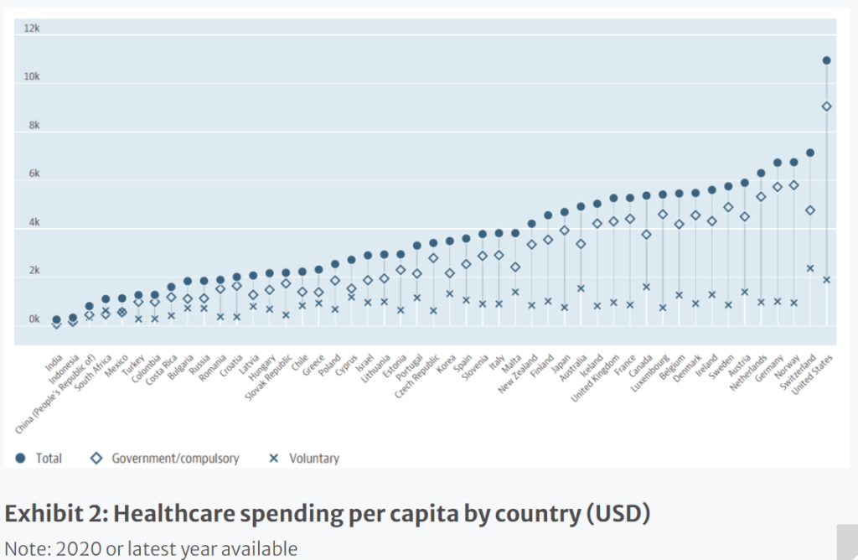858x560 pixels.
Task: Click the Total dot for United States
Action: coord(826,60)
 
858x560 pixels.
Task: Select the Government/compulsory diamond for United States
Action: coord(826,106)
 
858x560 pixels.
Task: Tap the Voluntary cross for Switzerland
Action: coord(810,268)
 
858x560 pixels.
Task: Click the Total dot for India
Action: coord(57,319)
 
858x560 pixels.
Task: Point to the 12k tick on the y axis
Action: coord(31,29)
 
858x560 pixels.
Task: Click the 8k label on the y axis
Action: coord(32,126)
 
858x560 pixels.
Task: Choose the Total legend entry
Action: coord(39,459)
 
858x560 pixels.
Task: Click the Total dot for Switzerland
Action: coord(810,153)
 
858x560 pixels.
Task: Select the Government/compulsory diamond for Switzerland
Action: coord(810,210)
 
